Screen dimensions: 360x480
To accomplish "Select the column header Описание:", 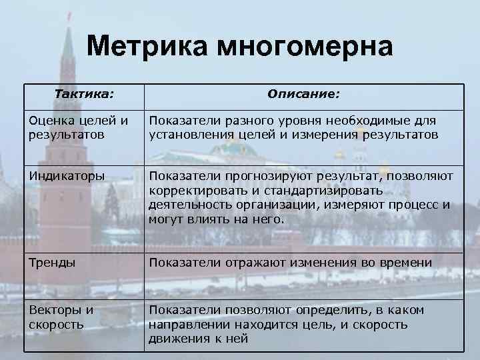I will click(x=303, y=95).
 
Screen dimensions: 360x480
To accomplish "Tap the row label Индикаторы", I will click(x=66, y=176).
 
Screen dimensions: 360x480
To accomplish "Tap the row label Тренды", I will click(x=51, y=263).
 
